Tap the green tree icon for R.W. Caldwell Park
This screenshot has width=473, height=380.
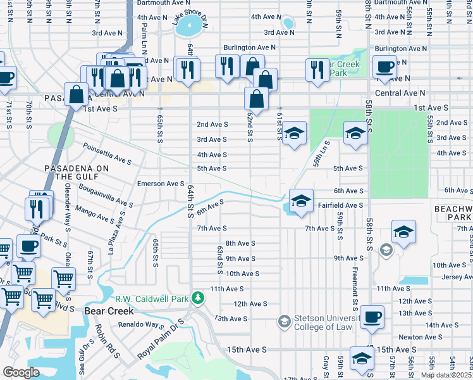pyautogui.click(x=199, y=298)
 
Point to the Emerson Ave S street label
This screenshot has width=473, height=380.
pyautogui.click(x=161, y=184)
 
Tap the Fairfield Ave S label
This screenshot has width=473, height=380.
pyautogui.click(x=340, y=205)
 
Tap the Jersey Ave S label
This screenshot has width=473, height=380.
pyautogui.click(x=451, y=277)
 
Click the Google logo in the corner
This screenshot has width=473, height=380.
pyautogui.click(x=21, y=372)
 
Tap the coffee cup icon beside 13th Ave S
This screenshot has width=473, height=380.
pyautogui.click(x=372, y=318)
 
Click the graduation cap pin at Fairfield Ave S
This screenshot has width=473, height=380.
pyautogui.click(x=302, y=201)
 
